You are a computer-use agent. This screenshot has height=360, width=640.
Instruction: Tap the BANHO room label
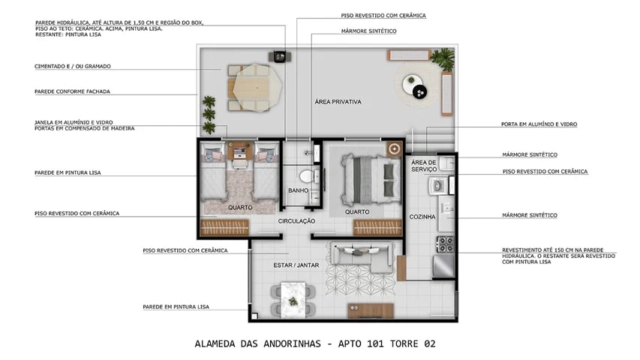pyautogui.click(x=298, y=190)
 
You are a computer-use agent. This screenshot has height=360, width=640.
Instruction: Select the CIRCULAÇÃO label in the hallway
pyautogui.click(x=296, y=221)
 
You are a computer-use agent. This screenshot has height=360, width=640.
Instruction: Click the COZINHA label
pyautogui.click(x=422, y=217)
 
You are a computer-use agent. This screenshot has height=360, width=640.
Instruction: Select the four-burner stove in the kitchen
pyautogui.click(x=446, y=244)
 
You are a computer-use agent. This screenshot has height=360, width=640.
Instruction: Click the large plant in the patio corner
pyautogui.click(x=446, y=57)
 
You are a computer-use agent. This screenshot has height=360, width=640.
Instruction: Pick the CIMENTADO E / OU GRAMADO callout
pyautogui.click(x=73, y=67)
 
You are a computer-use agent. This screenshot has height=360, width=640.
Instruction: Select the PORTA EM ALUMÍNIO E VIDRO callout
pyautogui.click(x=539, y=124)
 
